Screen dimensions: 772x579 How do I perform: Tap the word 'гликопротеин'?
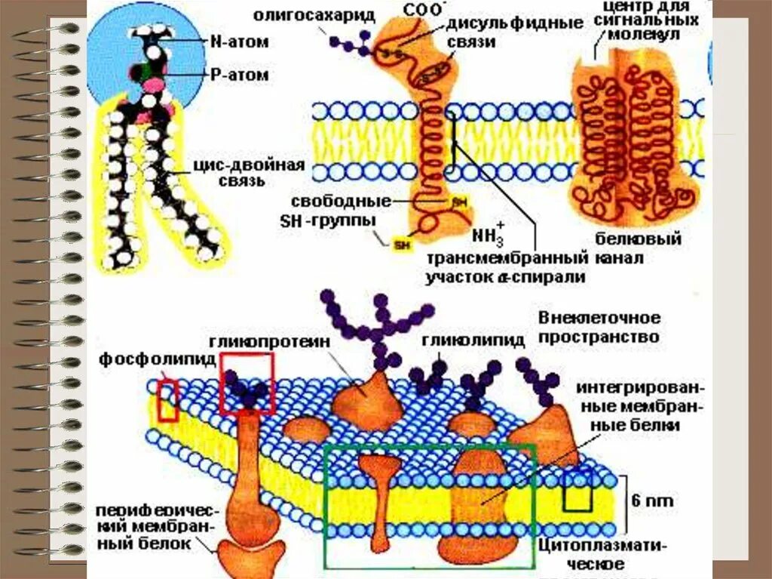click(264, 340)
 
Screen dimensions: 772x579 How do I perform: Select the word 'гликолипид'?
click(473, 340)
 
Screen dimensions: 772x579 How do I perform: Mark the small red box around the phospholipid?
click(167, 400)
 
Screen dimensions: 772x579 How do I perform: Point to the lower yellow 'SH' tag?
click(402, 243)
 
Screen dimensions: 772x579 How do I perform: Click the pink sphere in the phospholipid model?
click(153, 85)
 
